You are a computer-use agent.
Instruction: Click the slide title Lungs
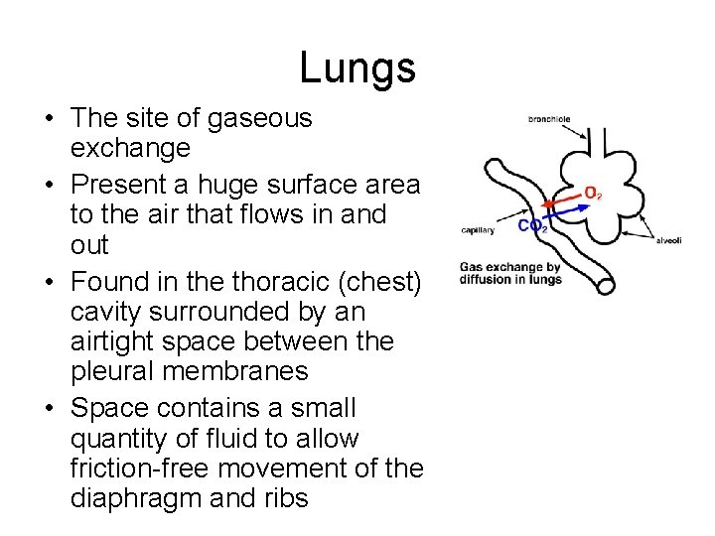(x=357, y=68)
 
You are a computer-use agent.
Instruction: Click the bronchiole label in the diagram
(x=549, y=119)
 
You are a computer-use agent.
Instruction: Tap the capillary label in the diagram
(x=478, y=231)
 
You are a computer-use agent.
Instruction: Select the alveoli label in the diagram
(x=667, y=239)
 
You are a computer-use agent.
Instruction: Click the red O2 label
(x=592, y=193)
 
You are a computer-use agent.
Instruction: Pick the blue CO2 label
(x=532, y=226)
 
